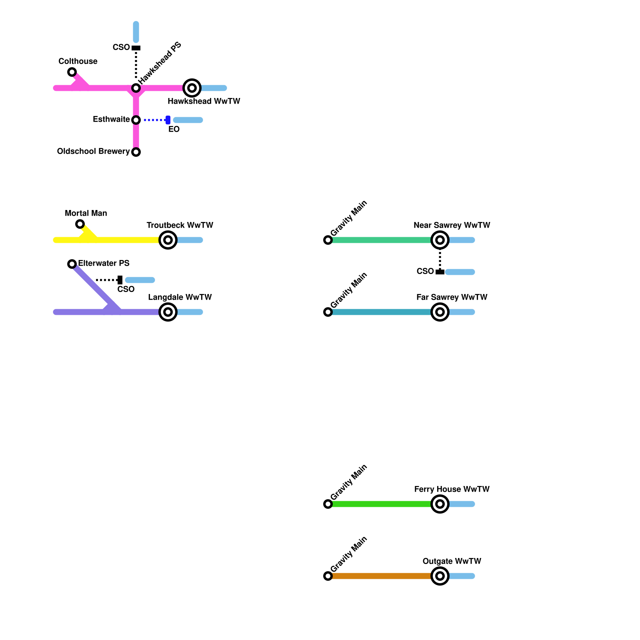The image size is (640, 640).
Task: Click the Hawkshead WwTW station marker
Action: (x=192, y=88)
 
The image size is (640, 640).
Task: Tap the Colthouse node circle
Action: (x=72, y=72)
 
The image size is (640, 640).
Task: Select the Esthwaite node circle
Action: (x=136, y=120)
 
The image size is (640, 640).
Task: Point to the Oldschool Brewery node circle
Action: (x=136, y=152)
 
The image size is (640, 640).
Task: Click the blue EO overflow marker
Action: (x=168, y=120)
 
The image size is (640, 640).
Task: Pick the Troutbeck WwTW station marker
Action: (x=168, y=240)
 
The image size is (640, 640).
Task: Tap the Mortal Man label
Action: (x=86, y=213)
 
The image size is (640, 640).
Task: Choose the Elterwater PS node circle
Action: (x=72, y=264)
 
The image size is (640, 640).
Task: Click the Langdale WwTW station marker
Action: (x=168, y=312)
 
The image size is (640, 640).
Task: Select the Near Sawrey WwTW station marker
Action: (x=440, y=240)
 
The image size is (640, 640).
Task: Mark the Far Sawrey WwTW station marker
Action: (x=440, y=312)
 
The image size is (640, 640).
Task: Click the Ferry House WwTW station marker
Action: (x=440, y=504)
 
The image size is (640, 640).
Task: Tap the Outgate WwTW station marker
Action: (x=440, y=576)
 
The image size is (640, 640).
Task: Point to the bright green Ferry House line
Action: (x=380, y=504)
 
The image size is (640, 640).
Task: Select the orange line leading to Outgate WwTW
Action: (x=380, y=576)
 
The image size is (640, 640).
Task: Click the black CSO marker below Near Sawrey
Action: (x=440, y=272)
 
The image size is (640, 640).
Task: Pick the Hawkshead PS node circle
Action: (x=136, y=88)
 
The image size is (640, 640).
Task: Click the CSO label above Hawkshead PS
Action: (x=121, y=47)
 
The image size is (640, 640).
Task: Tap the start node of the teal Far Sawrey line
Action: (x=328, y=312)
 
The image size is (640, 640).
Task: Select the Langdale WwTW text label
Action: (x=180, y=297)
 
